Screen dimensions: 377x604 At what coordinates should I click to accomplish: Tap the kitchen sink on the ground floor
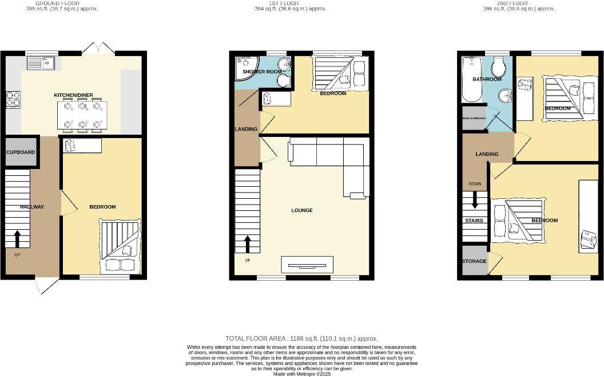(x=44, y=62)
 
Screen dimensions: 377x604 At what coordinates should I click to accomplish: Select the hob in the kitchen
(x=13, y=100)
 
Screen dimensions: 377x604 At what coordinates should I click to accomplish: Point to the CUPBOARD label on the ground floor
(x=21, y=152)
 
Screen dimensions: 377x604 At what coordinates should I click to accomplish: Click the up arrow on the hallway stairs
(x=17, y=237)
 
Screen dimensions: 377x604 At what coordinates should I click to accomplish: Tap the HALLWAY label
(x=32, y=207)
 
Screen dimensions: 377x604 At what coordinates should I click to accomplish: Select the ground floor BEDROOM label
(x=102, y=207)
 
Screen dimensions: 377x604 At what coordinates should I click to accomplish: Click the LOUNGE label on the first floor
(x=301, y=210)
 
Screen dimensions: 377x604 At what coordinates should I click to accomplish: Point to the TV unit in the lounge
(x=307, y=265)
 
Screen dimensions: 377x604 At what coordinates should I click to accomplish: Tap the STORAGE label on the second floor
(x=474, y=261)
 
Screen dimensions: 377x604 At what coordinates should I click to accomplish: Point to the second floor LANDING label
(x=487, y=154)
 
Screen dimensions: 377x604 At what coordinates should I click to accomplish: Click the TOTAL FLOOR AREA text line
(x=302, y=339)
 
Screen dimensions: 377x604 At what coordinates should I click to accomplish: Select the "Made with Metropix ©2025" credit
(x=302, y=374)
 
